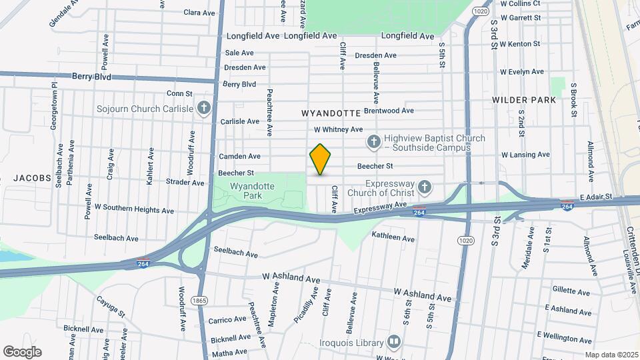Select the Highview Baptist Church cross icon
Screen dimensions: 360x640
[374, 141]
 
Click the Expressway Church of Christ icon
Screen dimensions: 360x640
[423, 186]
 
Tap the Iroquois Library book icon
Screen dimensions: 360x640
[394, 343]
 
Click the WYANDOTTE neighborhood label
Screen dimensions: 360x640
[331, 113]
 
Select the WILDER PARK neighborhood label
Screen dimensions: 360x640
[524, 100]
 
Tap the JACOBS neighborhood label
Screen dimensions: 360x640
[31, 178]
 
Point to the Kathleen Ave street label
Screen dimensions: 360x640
[393, 237]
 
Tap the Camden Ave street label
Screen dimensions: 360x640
[239, 156]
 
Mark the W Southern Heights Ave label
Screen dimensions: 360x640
[134, 209]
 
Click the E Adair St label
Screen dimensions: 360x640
[600, 197]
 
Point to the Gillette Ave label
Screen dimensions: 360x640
[571, 291]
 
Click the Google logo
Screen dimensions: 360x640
[22, 351]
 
